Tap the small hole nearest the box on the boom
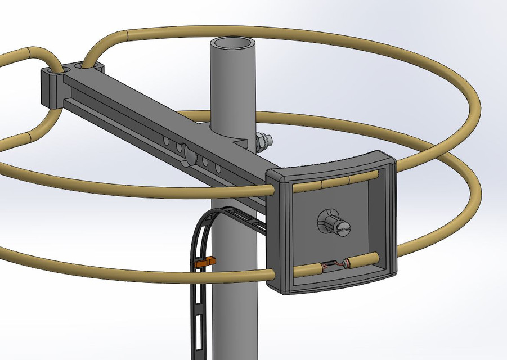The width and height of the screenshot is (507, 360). pos(217,168)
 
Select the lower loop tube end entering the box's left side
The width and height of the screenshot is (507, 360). pos(270,274)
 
